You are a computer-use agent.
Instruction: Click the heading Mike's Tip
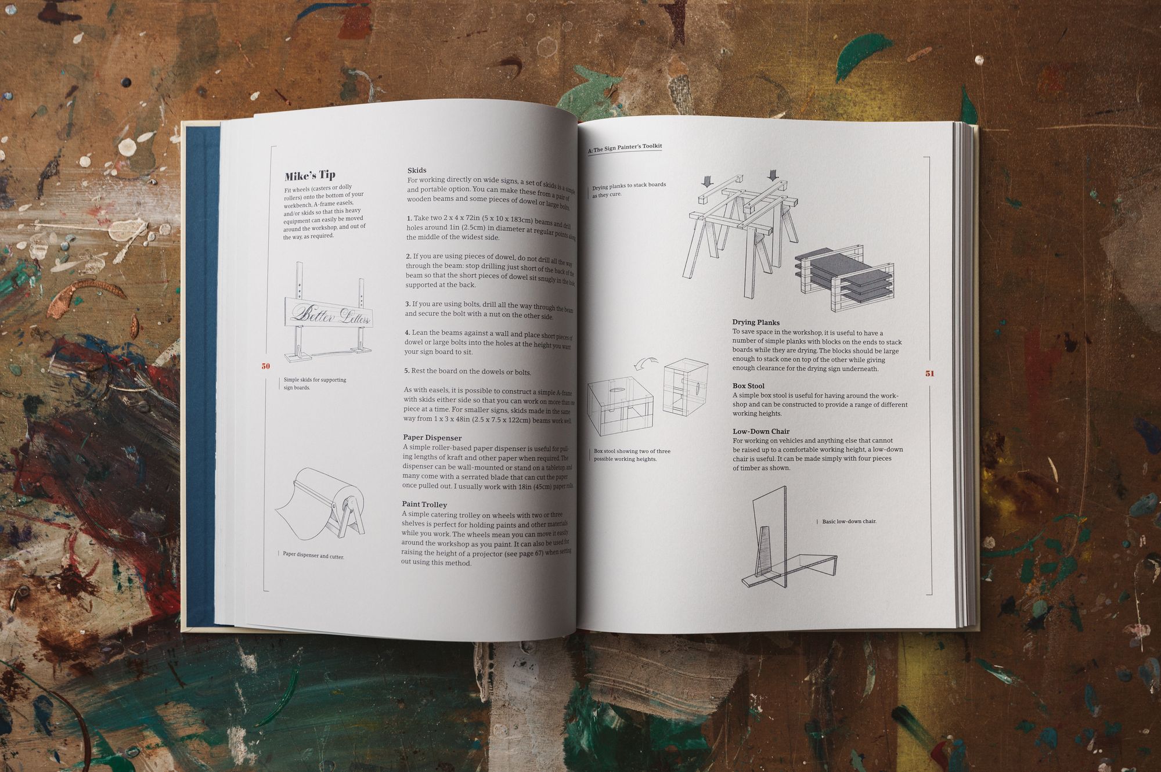(310, 175)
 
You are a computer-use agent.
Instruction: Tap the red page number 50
(266, 366)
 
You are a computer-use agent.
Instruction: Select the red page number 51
(929, 373)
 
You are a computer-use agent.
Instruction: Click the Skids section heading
(417, 170)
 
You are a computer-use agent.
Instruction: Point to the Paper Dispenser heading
(432, 438)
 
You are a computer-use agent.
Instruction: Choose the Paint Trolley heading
(424, 504)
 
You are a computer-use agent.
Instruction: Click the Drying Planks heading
(756, 322)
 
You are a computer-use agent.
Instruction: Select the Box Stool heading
(748, 385)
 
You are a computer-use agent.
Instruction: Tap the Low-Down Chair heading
(761, 431)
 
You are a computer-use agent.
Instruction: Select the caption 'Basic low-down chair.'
(849, 521)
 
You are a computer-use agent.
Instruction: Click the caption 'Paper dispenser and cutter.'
(313, 555)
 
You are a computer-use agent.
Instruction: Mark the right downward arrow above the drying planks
(773, 175)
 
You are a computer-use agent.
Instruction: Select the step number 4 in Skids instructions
(407, 333)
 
